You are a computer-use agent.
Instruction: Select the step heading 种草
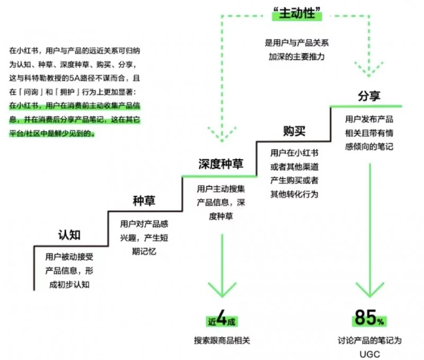coord(144,201)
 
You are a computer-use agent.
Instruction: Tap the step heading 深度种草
coord(220,164)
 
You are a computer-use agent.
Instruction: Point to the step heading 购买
coord(294,130)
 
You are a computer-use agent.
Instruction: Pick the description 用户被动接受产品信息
coord(69,264)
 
